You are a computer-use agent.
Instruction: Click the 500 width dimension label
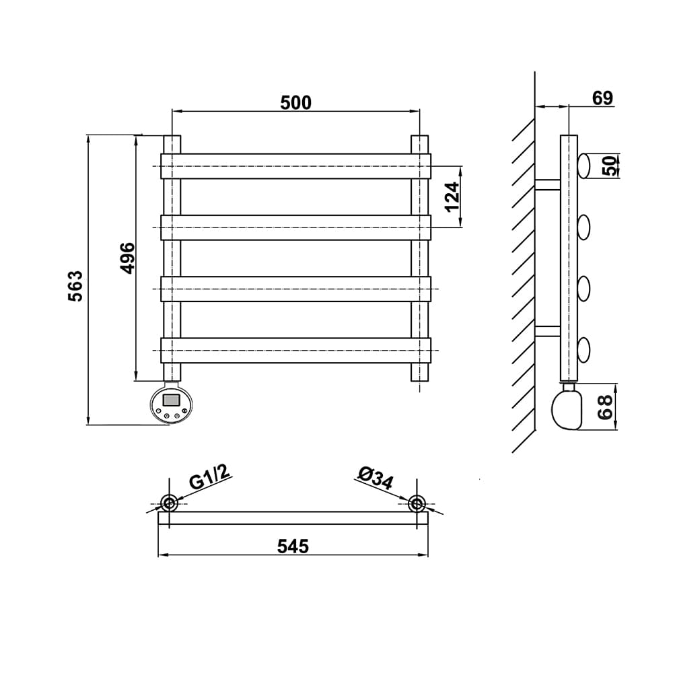click(295, 102)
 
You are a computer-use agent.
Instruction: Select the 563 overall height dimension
click(75, 286)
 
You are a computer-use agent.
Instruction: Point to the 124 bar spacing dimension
click(452, 197)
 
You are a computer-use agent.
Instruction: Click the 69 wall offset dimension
click(602, 98)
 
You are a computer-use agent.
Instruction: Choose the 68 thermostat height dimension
click(605, 407)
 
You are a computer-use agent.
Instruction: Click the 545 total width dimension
click(293, 546)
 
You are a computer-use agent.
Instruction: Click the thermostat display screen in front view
click(171, 400)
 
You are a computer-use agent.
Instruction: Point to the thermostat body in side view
click(567, 409)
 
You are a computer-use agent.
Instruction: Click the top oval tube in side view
click(583, 166)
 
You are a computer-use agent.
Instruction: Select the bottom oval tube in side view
click(583, 350)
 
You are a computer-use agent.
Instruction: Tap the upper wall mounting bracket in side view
click(547, 184)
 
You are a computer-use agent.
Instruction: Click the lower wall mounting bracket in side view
click(547, 331)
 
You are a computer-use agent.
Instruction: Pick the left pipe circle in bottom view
click(168, 503)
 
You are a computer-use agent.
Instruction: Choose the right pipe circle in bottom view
click(417, 503)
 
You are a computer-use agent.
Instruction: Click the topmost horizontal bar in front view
click(295, 166)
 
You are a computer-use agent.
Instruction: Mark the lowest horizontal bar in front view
click(295, 350)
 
